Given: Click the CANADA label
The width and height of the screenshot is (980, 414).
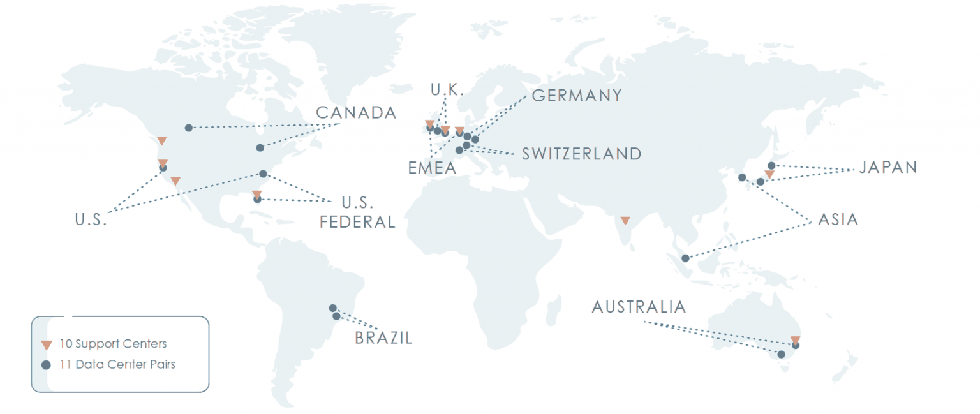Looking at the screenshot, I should [356, 114].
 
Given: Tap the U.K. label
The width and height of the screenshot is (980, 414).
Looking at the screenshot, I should [447, 91].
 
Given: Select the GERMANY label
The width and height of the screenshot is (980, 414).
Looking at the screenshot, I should [576, 96].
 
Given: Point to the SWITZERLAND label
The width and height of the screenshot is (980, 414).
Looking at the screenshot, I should [581, 154].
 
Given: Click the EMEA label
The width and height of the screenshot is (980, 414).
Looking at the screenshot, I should [433, 168].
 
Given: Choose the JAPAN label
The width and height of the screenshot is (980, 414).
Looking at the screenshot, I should [887, 168].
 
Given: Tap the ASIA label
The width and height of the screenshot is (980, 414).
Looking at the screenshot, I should [838, 220].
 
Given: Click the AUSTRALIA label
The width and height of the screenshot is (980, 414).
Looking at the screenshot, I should [639, 307].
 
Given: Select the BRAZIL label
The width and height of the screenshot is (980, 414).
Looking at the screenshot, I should [383, 338].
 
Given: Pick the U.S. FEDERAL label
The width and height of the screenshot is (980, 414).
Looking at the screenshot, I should [357, 213].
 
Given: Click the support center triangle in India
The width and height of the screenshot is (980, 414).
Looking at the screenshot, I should [625, 221].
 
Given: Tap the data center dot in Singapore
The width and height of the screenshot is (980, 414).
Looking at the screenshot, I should [685, 258].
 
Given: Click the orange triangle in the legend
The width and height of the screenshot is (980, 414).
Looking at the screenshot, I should [47, 345].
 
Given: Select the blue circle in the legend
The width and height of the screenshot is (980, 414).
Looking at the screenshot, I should [47, 366].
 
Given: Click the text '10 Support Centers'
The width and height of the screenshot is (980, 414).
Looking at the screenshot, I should [113, 344].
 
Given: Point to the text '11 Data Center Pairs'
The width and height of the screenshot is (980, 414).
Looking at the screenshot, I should [117, 365].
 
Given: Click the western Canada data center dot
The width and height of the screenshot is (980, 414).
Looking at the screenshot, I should [188, 128].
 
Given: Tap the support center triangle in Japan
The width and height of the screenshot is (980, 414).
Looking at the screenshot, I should [769, 174].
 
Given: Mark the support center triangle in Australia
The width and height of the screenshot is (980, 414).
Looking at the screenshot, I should [795, 339].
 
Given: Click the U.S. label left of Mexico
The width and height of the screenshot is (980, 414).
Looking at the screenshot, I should [90, 221].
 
